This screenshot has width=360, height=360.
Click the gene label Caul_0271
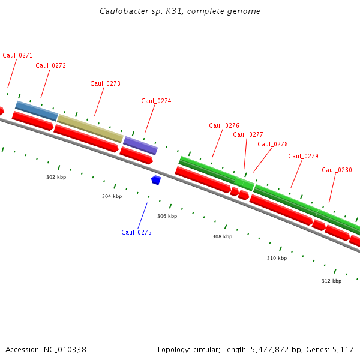[17, 55]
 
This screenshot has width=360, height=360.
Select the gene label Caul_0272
[51, 65]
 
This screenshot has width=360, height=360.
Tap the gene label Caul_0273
[105, 83]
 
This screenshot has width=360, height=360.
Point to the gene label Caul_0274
[156, 101]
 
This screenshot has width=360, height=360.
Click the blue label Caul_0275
[136, 232]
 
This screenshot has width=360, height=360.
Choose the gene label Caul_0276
[224, 125]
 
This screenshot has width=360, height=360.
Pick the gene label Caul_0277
[248, 134]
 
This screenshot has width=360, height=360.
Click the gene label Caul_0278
[272, 144]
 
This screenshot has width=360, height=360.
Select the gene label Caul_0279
[303, 156]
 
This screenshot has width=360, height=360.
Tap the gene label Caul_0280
[337, 170]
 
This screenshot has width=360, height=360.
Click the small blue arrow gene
[156, 179]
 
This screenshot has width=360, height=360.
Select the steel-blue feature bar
[37, 111]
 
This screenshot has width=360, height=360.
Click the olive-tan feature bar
[90, 128]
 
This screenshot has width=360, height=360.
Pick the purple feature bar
[140, 145]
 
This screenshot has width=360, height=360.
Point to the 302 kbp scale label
[56, 177]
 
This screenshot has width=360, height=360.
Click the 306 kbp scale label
[167, 216]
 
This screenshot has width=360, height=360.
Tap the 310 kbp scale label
[277, 258]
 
